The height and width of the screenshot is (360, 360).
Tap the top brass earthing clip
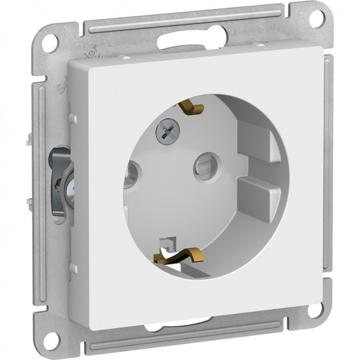[192, 108]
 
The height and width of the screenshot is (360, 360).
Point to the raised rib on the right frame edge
[329, 159]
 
